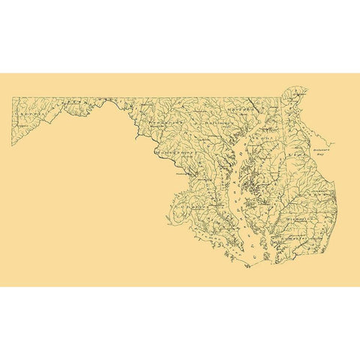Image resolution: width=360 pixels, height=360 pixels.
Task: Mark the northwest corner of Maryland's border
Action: click(12, 97)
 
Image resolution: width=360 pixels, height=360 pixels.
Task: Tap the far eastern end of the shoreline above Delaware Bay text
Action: click(337, 142)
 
